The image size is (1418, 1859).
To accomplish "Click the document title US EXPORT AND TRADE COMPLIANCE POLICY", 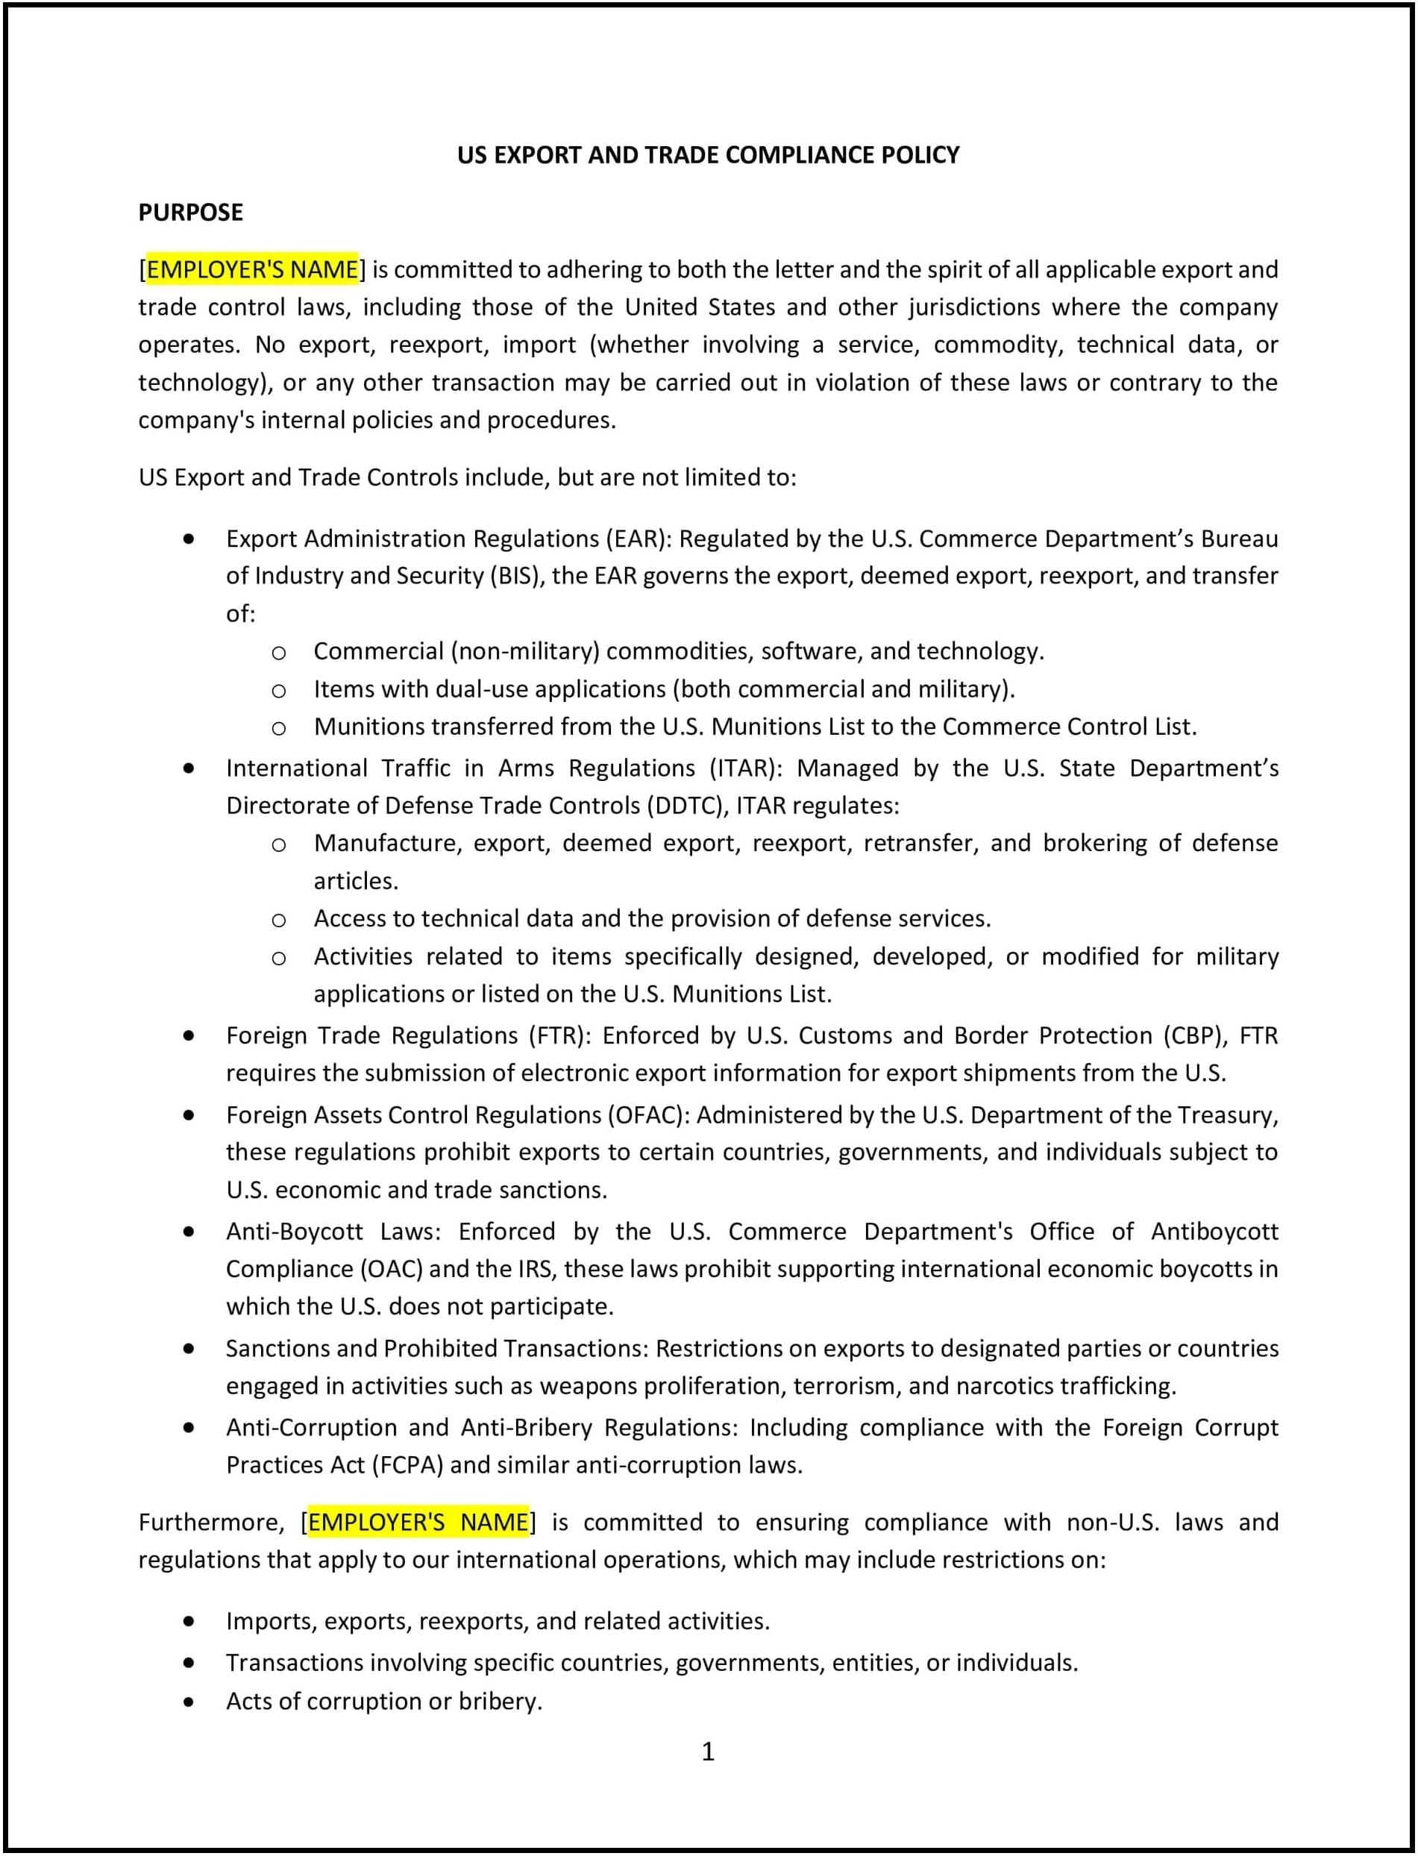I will click(708, 155).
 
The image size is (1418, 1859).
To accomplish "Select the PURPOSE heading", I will click(191, 213).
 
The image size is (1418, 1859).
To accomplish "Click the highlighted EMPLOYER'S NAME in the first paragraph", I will click(252, 270).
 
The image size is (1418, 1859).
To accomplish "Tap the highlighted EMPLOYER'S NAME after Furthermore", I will click(418, 1522).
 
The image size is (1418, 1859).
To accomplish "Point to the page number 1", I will click(708, 1752).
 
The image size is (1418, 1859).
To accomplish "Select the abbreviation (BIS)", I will click(518, 576).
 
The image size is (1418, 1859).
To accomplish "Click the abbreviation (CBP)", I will click(1189, 1036).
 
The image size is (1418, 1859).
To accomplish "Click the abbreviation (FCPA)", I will click(407, 1464).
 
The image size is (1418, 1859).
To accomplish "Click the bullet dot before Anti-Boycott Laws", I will click(188, 1232).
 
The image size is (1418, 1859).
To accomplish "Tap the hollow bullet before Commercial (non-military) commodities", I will click(278, 653).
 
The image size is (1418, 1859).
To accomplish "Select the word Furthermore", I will click(211, 1522).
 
